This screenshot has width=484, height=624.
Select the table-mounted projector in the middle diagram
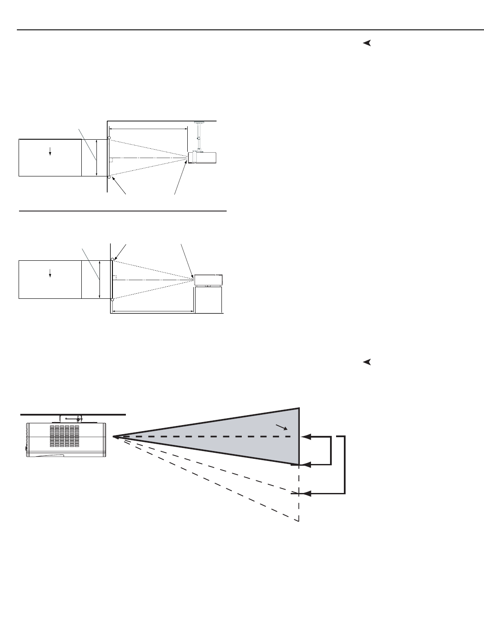click(208, 280)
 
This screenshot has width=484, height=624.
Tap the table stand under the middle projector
click(208, 300)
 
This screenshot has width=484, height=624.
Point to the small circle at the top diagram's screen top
click(109, 138)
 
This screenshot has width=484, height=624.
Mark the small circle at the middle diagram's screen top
click(112, 259)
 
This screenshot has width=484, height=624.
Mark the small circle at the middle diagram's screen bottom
click(112, 299)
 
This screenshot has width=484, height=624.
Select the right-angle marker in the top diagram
click(111, 160)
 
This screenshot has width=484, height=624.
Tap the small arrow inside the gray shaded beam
click(282, 427)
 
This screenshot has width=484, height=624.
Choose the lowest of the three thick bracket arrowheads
click(307, 493)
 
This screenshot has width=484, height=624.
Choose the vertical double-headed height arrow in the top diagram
click(97, 158)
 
